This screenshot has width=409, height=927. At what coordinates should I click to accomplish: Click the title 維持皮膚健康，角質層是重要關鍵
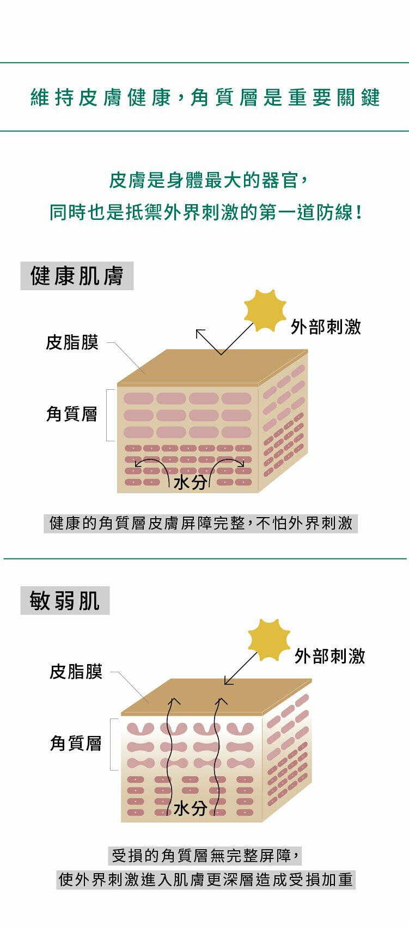pos(205,97)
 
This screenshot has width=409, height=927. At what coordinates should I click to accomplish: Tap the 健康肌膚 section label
pos(77,276)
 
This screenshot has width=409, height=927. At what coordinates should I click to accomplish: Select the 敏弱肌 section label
pos(65,601)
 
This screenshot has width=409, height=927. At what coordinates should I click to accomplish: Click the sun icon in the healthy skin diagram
pos(265,310)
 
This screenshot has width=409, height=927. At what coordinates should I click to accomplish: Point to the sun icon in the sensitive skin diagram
pos(269,640)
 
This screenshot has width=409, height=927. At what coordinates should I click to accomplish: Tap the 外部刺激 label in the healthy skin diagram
pos(326,327)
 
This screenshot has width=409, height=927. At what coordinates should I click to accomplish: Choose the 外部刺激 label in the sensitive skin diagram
pos(329,656)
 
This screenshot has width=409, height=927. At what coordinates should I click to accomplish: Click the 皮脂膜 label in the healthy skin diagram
pos(72,342)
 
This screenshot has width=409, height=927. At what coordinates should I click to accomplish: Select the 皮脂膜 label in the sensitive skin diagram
pos(76,672)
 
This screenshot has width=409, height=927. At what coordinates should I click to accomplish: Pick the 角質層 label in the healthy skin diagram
pos(72,414)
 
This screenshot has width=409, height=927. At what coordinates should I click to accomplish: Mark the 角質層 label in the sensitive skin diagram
pos(76,743)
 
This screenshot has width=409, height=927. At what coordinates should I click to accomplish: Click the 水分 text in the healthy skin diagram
pos(190,482)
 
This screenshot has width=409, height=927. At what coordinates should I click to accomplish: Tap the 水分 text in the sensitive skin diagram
pos(190,808)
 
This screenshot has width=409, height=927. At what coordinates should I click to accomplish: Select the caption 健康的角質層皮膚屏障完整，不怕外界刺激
pos(200,523)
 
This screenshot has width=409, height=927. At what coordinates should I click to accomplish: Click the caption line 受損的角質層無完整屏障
pos(205,856)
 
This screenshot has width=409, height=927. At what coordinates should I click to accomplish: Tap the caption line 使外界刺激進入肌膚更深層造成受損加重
pos(206,880)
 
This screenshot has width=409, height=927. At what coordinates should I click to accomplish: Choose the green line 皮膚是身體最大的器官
pos(209,180)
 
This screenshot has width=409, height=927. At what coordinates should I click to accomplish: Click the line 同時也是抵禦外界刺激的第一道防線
pos(206,212)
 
